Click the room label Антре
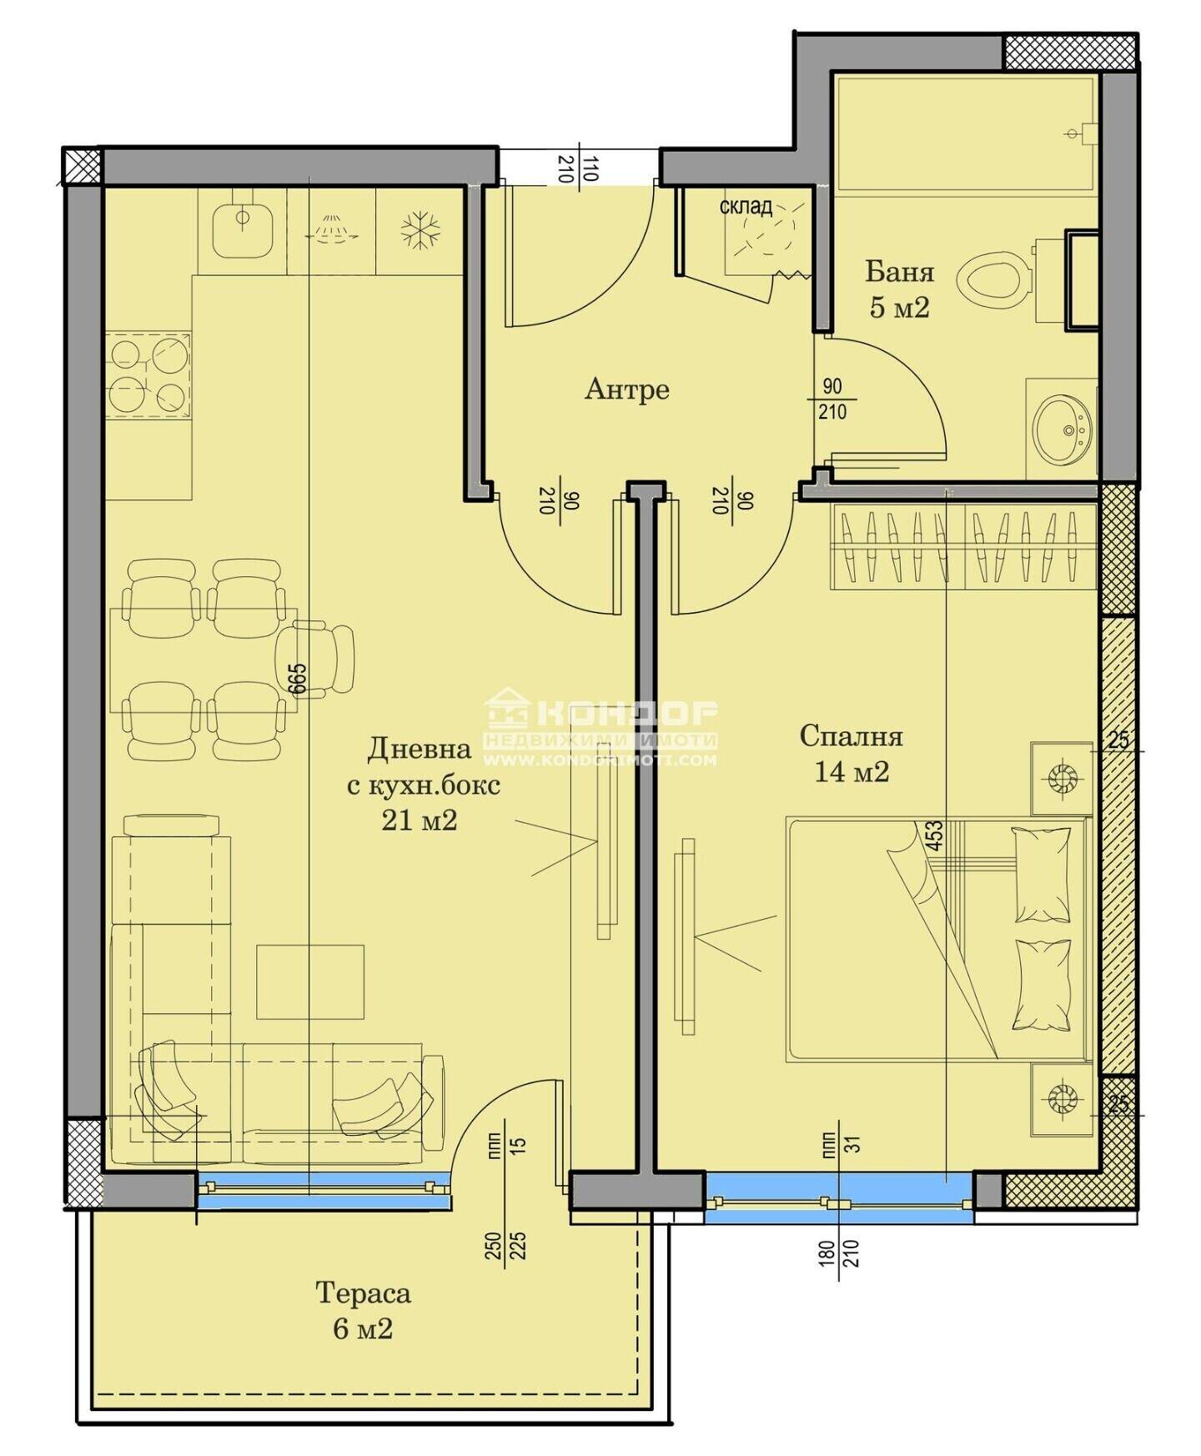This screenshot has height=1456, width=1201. pos(626,389)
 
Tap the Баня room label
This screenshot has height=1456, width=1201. pos(899,272)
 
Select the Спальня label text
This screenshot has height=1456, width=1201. pos(851,736)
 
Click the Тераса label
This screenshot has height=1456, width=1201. pos(363,1293)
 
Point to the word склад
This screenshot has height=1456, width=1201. pos(746,206)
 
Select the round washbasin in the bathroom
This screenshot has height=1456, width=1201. pos(1061,428)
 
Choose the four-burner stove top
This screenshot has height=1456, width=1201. pos(148,374)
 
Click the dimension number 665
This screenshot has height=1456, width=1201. pos(298,678)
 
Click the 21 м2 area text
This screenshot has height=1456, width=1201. pos(420,821)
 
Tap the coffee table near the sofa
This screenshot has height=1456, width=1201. pos(310,982)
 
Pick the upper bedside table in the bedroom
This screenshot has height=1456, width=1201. pos(1062,778)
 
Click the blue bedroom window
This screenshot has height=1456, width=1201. pos(839,1198)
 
